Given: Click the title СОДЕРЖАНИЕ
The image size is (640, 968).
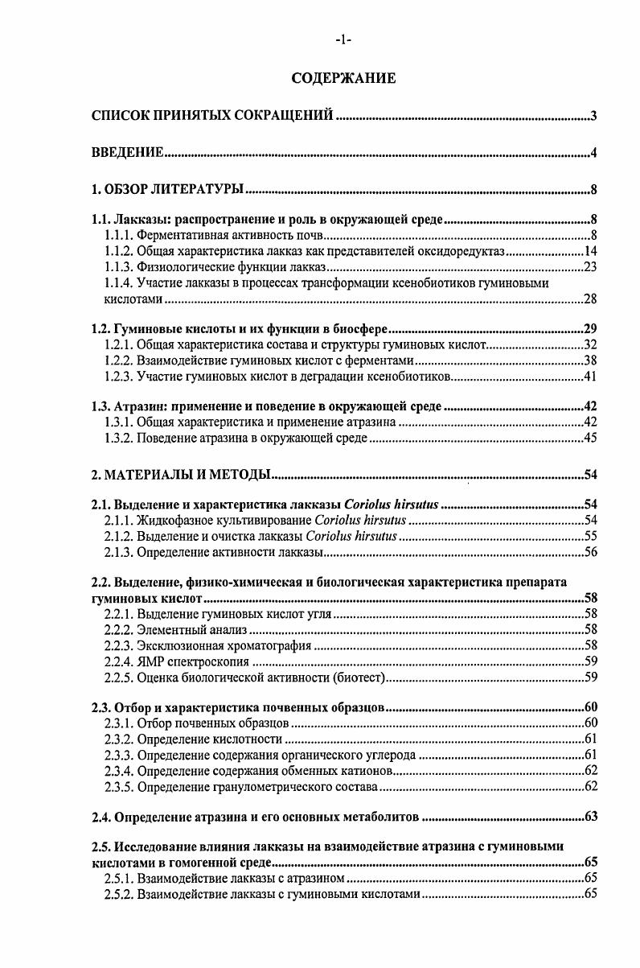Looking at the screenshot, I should tap(343, 79).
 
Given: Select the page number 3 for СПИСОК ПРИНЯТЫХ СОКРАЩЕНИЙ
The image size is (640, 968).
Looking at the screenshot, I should tap(593, 117).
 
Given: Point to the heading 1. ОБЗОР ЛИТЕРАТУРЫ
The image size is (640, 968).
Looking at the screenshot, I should tap(167, 191).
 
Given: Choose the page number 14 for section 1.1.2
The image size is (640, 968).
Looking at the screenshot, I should tap(589, 252).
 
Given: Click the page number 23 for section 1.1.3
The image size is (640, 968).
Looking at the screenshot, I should tap(589, 267).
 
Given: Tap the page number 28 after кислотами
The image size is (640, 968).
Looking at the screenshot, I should tap(589, 299).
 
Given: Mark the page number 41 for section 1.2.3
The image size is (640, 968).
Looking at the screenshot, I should tap(589, 377).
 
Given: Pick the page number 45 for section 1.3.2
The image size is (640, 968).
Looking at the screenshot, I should tap(589, 439).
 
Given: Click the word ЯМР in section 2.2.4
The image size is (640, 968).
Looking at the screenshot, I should tap(152, 662).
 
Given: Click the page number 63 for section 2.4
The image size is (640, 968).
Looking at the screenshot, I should tap(589, 818).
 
